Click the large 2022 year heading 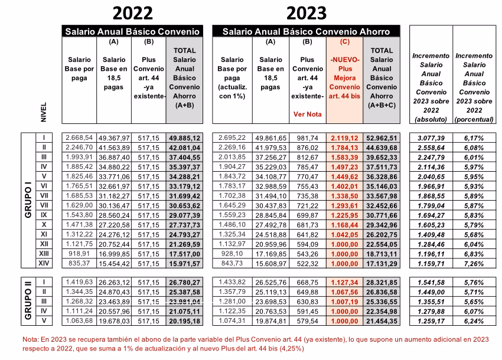132,14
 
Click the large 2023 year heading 307,14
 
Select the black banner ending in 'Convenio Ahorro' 306,31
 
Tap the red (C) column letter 344,41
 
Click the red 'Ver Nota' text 307,114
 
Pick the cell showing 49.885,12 184,138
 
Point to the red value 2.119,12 344,138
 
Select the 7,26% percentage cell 474,264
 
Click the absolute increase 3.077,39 431,138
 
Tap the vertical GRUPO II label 28,300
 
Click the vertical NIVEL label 44,112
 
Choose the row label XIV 44,263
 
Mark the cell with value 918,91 79,254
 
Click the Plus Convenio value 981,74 307,138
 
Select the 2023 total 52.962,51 382,138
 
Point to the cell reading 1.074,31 232,320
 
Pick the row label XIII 44,254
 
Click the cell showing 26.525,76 270,283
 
